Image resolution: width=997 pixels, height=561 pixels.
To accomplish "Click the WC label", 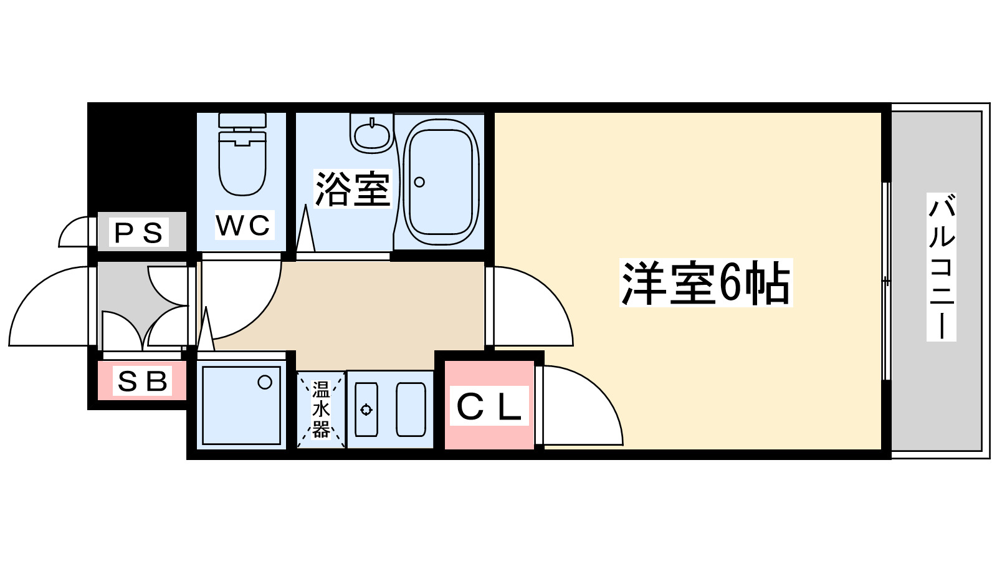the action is pos(244,226).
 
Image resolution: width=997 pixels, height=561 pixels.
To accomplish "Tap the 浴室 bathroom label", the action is pos(353,189).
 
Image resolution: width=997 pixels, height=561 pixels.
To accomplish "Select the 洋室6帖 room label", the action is pos(705,283).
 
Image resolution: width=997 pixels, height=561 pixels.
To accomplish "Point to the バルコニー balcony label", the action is pos(941,267).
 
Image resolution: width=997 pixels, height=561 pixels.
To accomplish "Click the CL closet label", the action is pos(489,406).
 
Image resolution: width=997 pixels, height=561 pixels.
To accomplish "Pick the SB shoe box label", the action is pos(143,381).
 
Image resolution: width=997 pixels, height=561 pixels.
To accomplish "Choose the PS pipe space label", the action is pos(139,233).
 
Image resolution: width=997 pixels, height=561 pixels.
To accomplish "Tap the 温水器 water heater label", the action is pos(321,410).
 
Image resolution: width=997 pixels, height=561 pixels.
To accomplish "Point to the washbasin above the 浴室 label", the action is pos(372,135).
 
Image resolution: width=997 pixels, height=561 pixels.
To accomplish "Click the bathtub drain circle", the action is pos(419,182).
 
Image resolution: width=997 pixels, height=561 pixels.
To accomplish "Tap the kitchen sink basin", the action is pos(411,410).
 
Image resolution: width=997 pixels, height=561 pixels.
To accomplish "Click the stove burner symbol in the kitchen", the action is pos(366,410).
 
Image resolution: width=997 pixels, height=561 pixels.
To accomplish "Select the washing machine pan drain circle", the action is pos(265,382).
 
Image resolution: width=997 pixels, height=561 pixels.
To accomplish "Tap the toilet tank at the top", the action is pos(242,120).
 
